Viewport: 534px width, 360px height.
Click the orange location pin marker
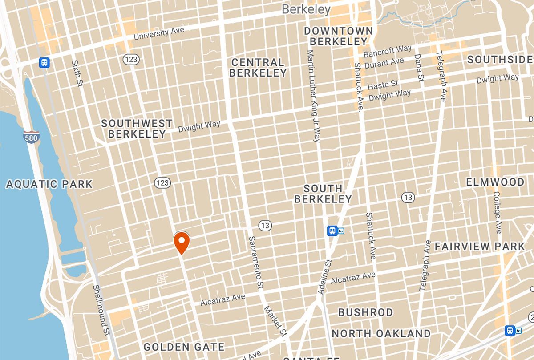pyautogui.click(x=182, y=243)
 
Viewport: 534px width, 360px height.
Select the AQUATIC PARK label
pyautogui.click(x=49, y=184)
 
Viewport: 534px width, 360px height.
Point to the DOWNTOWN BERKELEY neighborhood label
pyautogui.click(x=338, y=36)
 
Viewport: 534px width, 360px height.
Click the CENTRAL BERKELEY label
pyautogui.click(x=258, y=68)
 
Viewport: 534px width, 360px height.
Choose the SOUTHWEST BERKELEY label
pyautogui.click(x=137, y=129)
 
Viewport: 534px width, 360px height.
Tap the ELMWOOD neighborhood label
pyautogui.click(x=495, y=182)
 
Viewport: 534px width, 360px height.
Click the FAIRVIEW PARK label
pyautogui.click(x=480, y=246)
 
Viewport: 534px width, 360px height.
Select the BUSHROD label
pyautogui.click(x=366, y=312)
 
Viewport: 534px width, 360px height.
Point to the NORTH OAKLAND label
pyautogui.click(x=381, y=334)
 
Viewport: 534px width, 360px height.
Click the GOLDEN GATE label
pyautogui.click(x=184, y=347)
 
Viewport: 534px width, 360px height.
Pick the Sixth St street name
pyautogui.click(x=77, y=74)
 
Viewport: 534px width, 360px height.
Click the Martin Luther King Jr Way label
pyautogui.click(x=313, y=96)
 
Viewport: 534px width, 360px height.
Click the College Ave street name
pyautogui.click(x=498, y=213)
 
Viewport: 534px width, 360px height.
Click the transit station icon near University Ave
pyautogui.click(x=44, y=62)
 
